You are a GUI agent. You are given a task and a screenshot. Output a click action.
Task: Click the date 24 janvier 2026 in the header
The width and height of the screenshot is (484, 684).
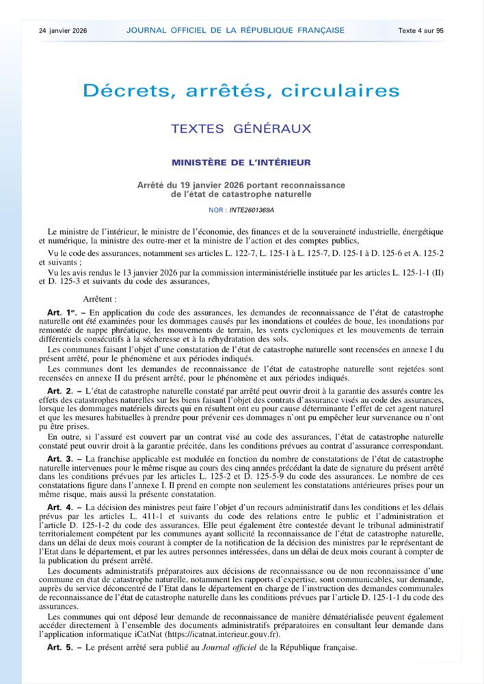tap(63, 31)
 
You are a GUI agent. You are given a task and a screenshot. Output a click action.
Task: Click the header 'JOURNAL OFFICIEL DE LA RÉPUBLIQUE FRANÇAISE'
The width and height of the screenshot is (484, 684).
tap(234, 31)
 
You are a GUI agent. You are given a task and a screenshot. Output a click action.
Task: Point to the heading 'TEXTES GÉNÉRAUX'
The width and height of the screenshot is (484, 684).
tap(241, 129)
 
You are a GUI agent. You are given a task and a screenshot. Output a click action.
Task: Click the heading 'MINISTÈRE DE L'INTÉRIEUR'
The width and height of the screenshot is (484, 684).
tap(241, 163)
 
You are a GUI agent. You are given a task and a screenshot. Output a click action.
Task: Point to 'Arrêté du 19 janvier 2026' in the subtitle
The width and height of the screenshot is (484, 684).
tap(188, 185)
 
